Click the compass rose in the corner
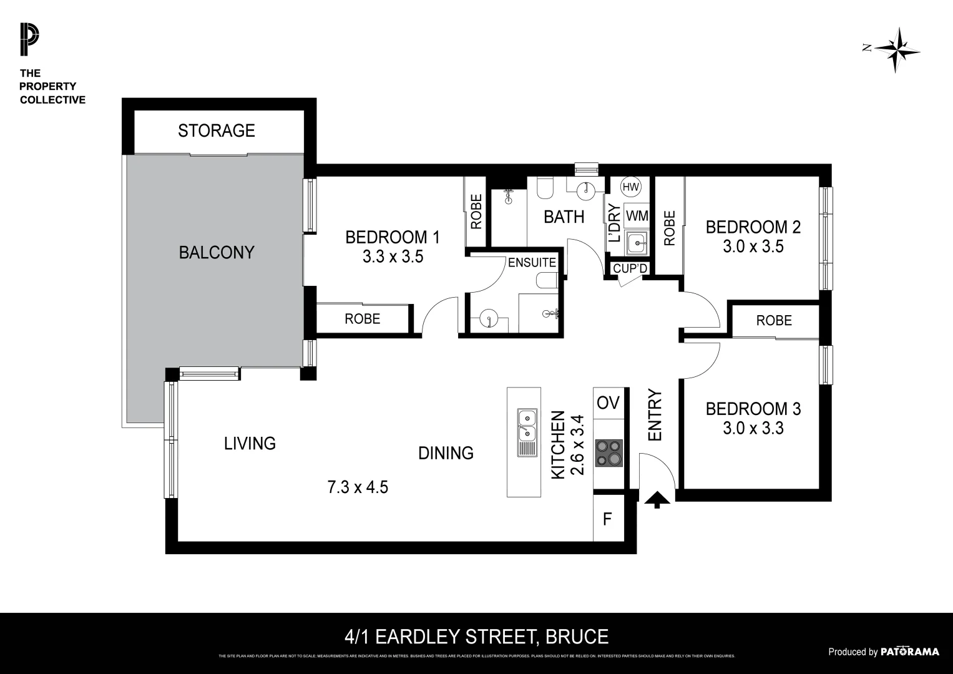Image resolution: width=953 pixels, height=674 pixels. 896,50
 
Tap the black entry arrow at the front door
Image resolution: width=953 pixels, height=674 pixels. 657,499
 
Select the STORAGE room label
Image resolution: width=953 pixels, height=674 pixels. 216,130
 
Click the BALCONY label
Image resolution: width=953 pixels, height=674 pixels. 216,253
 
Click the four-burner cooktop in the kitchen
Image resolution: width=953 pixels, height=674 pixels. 608,453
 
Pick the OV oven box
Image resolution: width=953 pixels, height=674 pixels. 608,403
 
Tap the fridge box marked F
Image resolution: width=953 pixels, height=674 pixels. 607,518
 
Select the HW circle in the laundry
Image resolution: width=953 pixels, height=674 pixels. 630,187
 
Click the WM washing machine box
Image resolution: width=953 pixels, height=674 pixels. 637,216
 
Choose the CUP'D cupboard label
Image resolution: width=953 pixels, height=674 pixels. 630,268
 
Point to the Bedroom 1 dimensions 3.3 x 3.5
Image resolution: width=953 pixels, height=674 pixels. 393,256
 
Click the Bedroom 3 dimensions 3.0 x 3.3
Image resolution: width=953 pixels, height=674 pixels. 753,429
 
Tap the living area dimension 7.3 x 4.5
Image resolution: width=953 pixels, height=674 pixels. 358,487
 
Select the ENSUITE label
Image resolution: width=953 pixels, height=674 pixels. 532,263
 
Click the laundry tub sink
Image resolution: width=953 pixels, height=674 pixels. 636,243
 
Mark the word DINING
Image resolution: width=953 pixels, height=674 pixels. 446,453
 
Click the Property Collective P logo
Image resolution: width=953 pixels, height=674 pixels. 29,39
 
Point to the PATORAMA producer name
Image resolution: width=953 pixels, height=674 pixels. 909,652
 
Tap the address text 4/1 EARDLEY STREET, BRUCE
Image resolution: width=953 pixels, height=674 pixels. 476,637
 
